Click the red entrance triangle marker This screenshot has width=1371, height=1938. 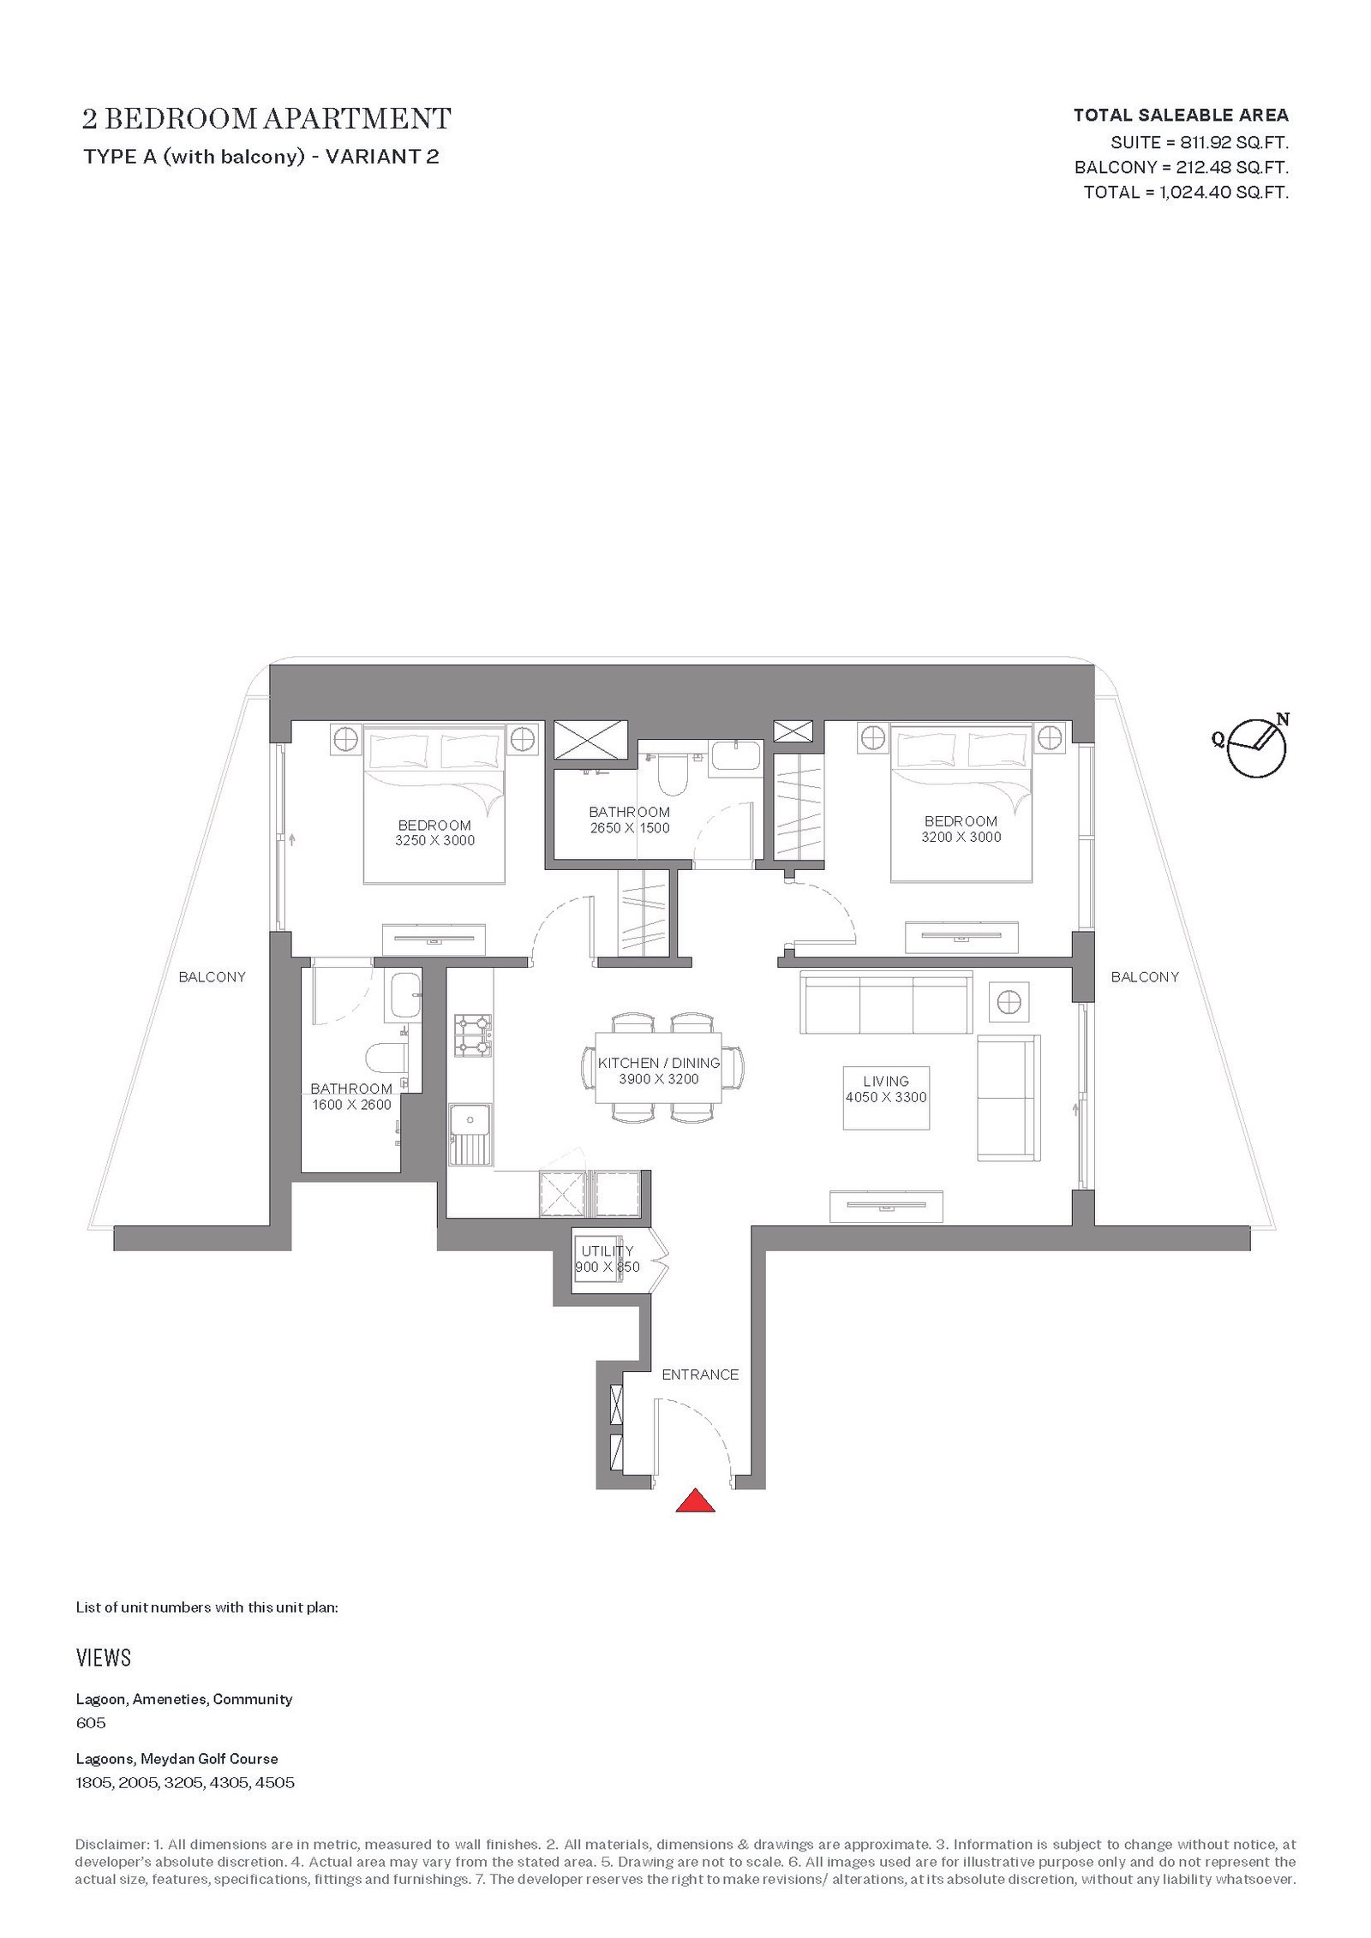coord(695,1501)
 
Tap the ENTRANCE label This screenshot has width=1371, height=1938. coord(700,1374)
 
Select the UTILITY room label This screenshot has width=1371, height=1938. coord(608,1251)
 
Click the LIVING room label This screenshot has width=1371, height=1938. coord(886,1082)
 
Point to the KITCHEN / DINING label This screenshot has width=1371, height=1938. coord(659,1064)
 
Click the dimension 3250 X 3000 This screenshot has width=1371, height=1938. coord(434,841)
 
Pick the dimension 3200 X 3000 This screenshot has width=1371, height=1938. coord(961,837)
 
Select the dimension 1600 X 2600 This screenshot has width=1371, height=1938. coord(351,1105)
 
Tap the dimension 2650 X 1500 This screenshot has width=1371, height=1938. coord(630,828)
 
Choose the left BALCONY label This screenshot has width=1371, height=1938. coord(213,976)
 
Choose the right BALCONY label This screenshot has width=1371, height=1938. coord(1145,976)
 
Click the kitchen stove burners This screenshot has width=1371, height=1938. coord(472,1035)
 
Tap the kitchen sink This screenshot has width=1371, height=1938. coord(470,1135)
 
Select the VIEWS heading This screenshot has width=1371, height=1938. coord(104,1658)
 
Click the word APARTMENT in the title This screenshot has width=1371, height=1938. coord(357,119)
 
